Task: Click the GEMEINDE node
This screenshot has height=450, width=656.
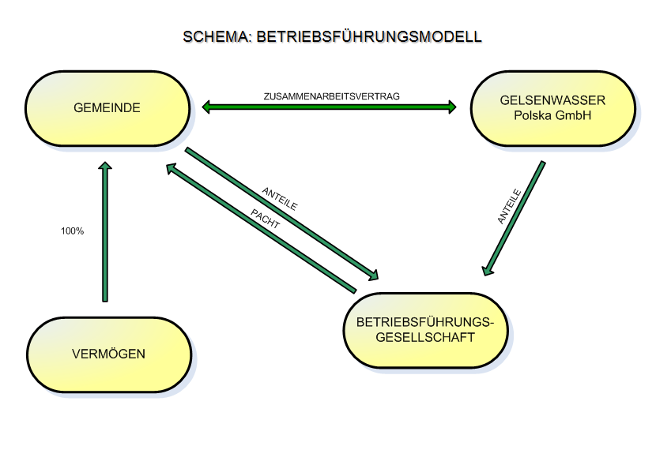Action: click(x=107, y=108)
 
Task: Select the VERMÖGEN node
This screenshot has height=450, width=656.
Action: click(x=109, y=354)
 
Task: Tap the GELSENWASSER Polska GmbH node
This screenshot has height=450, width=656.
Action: click(x=553, y=108)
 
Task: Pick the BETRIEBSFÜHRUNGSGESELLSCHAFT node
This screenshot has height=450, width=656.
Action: click(x=425, y=330)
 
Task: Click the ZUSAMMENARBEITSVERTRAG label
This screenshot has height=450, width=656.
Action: click(x=331, y=96)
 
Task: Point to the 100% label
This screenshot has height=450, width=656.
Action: click(x=73, y=231)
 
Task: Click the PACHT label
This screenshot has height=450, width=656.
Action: click(x=265, y=219)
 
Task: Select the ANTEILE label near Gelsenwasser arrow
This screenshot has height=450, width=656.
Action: click(x=510, y=206)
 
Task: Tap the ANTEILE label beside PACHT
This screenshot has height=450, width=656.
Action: click(x=280, y=198)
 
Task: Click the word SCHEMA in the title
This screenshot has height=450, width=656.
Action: click(x=216, y=37)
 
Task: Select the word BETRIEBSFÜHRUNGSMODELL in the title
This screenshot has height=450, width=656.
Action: click(x=369, y=37)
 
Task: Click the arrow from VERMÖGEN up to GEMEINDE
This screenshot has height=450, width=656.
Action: click(x=105, y=232)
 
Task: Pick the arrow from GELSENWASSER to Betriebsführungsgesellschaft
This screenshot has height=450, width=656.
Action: click(x=514, y=219)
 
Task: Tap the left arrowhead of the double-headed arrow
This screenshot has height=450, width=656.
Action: click(x=205, y=107)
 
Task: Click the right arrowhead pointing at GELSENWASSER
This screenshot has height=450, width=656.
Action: click(x=452, y=107)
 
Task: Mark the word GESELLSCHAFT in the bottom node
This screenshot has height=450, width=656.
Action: click(x=425, y=338)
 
